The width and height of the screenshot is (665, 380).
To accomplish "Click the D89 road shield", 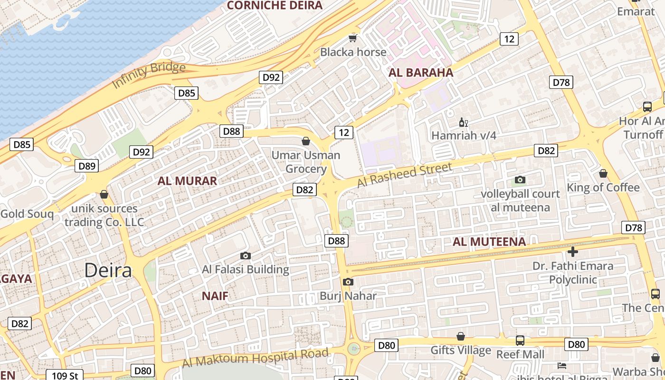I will (x=87, y=166).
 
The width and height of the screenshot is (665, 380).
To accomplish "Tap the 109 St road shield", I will (x=65, y=376).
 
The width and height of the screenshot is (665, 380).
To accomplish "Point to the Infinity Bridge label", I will (x=149, y=75).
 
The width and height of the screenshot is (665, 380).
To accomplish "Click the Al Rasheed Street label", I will (x=404, y=174).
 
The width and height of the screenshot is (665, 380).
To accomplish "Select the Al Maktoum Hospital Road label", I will (x=255, y=358).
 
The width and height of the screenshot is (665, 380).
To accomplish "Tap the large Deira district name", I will (x=108, y=270).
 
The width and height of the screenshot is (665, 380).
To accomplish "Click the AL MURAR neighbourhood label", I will (x=187, y=180).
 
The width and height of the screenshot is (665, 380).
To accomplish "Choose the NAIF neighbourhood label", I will (x=215, y=296).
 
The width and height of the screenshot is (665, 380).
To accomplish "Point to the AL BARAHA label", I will (x=421, y=73).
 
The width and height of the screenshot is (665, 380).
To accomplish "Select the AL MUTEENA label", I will (x=489, y=242).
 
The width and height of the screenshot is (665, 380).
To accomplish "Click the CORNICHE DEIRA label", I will (x=275, y=6).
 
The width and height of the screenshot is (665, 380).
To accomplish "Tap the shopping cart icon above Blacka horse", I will (x=352, y=38).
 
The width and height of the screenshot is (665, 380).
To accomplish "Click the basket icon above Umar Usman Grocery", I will (x=306, y=141).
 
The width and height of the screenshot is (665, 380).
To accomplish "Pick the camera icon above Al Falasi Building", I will (x=246, y=256).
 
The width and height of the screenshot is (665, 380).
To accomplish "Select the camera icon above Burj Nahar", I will (x=348, y=282).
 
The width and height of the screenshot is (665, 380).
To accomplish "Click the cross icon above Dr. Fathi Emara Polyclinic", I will (x=573, y=251).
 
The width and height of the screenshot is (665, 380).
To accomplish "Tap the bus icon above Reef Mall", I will (x=520, y=340).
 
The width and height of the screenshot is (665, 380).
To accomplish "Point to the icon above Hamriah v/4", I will (x=463, y=122).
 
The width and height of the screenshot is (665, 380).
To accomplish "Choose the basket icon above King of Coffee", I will (x=603, y=173).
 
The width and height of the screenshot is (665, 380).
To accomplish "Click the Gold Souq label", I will (x=27, y=214).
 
